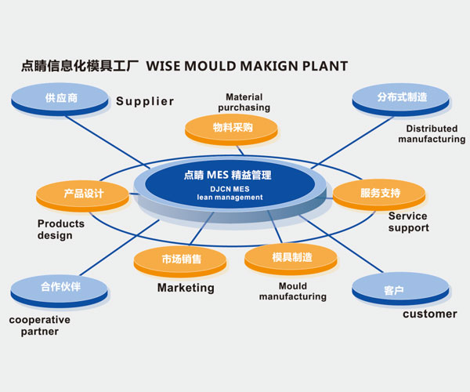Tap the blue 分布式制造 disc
coord(401,99)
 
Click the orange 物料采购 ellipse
coord(232,128)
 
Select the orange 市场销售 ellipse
coord(181,260)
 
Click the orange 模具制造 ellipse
coord(291,257)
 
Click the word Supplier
coord(145,101)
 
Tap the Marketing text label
coord(186,288)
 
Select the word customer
coord(429,314)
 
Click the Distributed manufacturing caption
coord(431,134)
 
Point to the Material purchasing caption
coord(243,102)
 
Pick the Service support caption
coord(408,222)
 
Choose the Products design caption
coord(61,229)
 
